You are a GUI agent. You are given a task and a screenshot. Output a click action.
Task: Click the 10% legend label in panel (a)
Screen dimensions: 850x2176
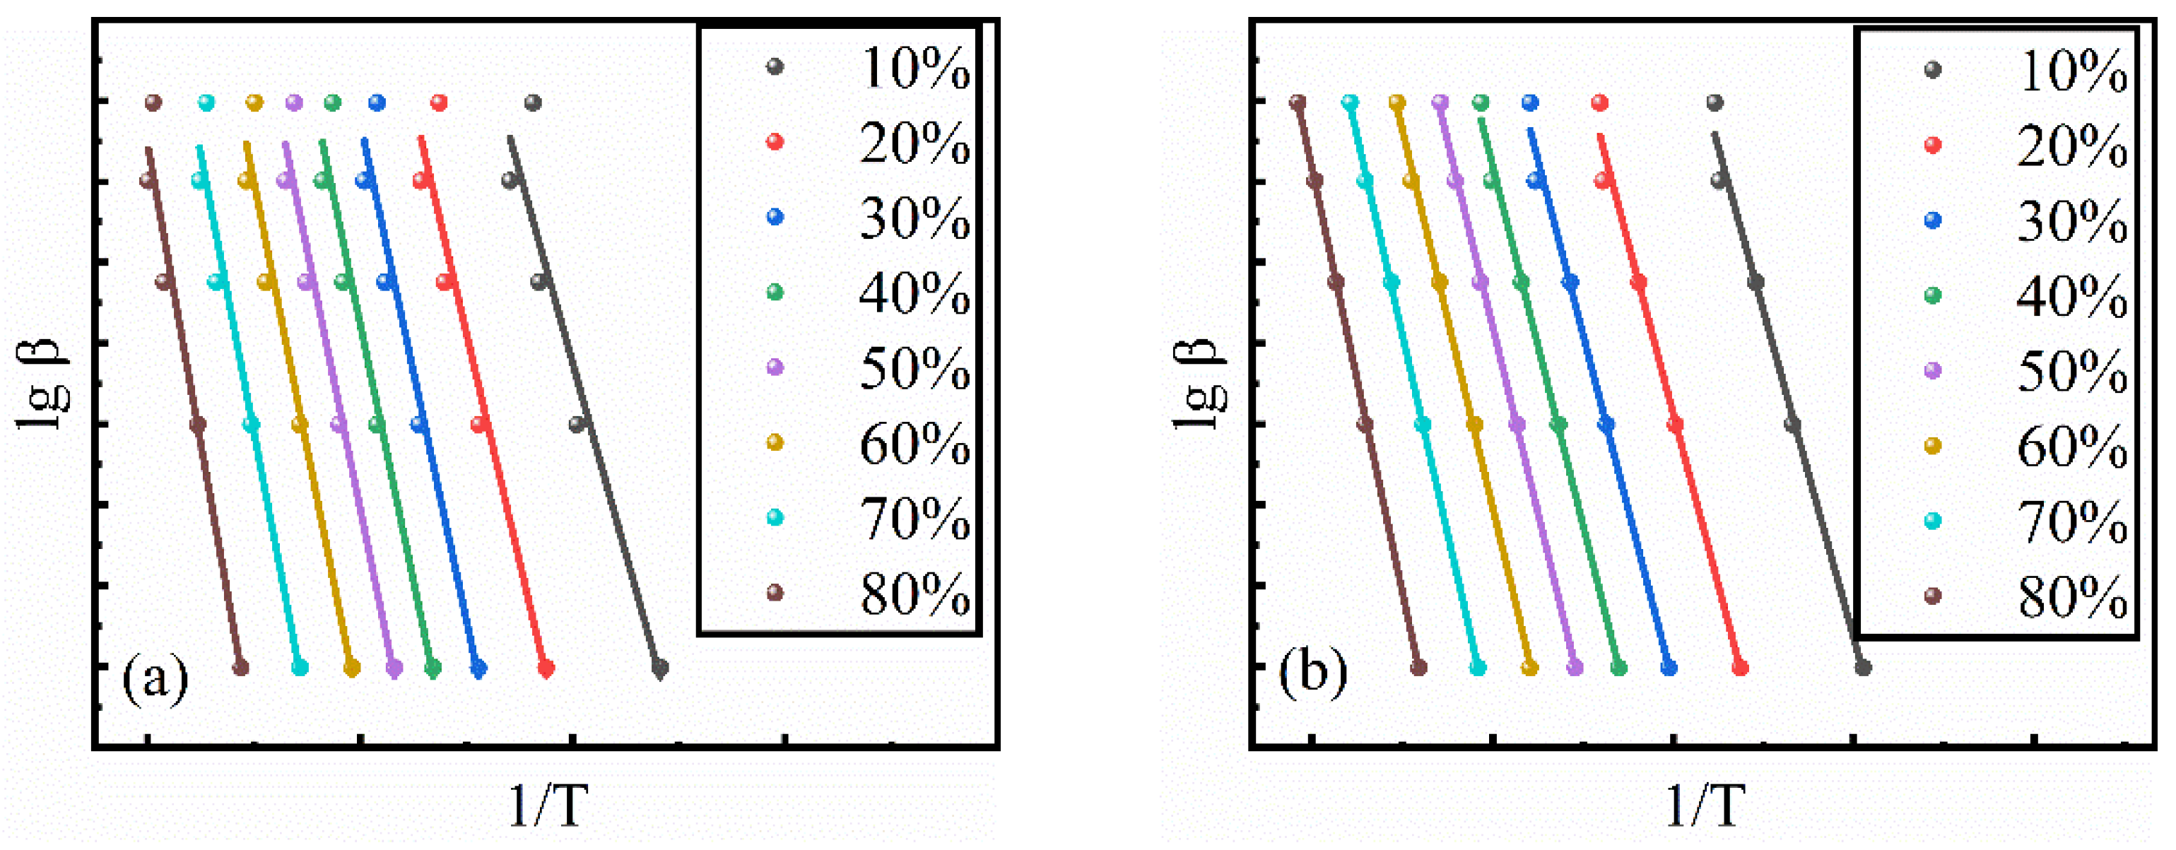[x=914, y=68]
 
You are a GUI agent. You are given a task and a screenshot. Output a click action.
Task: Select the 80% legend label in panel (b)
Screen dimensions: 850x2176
[x=2072, y=596]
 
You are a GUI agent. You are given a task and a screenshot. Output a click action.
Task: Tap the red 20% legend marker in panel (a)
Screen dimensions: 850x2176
[x=774, y=142]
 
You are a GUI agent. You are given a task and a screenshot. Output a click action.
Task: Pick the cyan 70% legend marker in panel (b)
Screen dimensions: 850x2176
[x=1932, y=521]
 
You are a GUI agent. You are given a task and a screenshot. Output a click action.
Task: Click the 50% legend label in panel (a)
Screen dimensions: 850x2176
[x=914, y=368]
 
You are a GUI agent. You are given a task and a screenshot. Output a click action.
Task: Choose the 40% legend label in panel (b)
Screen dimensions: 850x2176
[x=2072, y=296]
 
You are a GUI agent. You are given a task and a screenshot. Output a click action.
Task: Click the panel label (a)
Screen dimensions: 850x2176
[x=155, y=678]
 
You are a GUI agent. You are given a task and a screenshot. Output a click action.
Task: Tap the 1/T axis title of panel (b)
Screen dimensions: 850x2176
[x=1705, y=805]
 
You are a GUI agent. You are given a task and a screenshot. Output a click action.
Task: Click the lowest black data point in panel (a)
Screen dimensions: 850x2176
[x=661, y=668]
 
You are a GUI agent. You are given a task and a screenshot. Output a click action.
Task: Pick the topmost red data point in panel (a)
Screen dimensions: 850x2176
[x=438, y=103]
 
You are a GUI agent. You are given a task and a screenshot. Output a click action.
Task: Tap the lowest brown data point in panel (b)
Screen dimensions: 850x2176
[x=1418, y=668]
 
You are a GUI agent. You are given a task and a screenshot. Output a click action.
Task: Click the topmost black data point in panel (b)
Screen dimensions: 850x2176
[x=1714, y=103]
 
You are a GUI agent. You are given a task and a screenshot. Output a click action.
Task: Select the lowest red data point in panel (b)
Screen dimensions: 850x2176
[x=1740, y=668]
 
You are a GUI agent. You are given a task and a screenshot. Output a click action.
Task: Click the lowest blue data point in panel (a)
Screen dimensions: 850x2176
[x=479, y=668]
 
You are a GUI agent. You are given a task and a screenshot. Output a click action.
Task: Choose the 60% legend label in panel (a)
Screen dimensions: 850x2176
[x=914, y=444]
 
